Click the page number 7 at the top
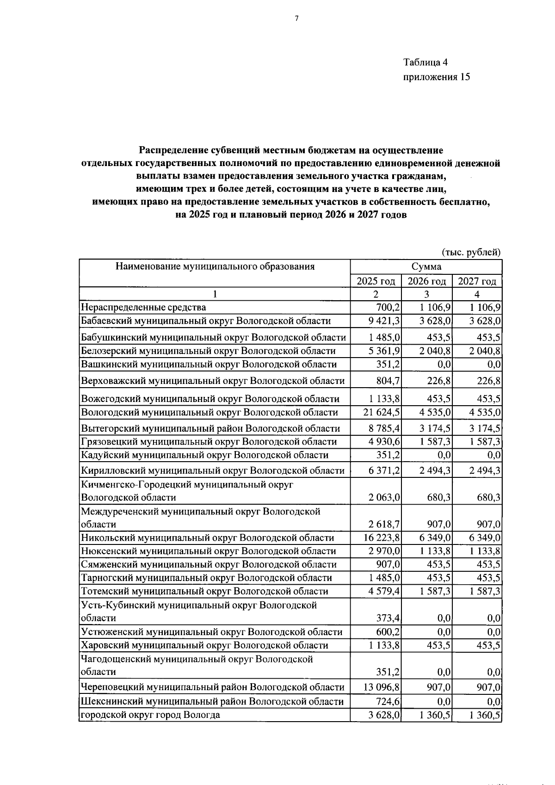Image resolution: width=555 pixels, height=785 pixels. tap(296, 19)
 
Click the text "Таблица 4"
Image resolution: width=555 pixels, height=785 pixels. tap(425, 62)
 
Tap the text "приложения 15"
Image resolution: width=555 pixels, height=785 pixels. tap(436, 77)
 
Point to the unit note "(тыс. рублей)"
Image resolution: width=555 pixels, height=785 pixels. tap(471, 252)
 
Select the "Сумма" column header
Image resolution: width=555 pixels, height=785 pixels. tap(425, 266)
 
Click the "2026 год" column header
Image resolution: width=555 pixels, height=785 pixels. tap(426, 281)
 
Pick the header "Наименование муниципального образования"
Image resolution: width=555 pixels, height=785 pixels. tap(215, 266)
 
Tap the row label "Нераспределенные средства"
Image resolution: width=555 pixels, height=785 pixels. tap(143, 307)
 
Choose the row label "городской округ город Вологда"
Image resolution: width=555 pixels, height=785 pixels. tap(150, 715)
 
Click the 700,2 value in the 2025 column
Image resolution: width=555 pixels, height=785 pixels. tap(388, 307)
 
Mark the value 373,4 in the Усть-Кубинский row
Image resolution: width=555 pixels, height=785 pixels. tap(388, 618)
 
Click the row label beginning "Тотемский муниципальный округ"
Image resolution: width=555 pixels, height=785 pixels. tap(204, 591)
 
